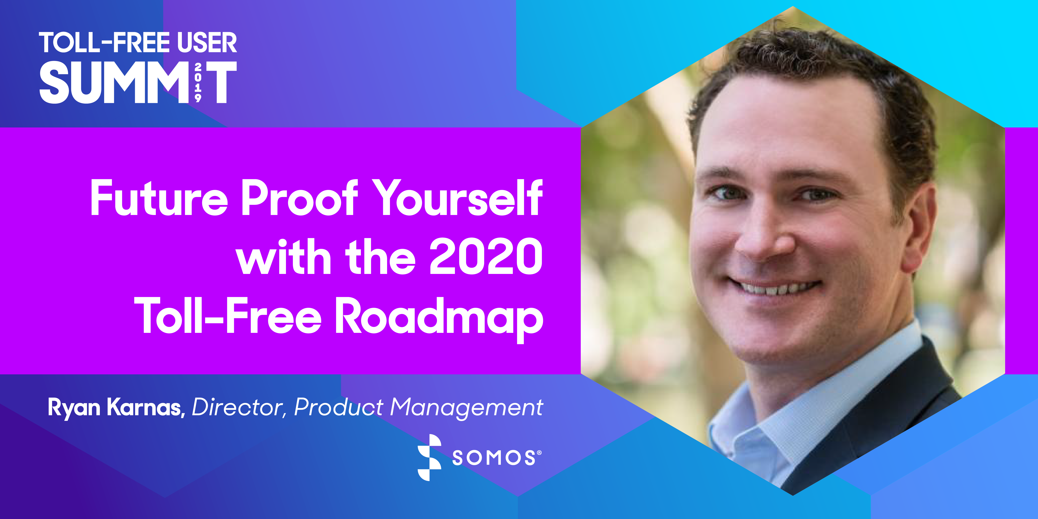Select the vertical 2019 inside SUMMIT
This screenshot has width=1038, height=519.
[x=198, y=82]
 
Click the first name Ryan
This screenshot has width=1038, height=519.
[x=74, y=408]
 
